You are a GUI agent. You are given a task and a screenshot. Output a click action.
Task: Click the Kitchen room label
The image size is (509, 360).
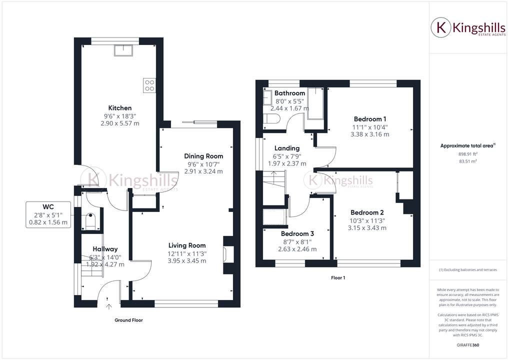[120, 108]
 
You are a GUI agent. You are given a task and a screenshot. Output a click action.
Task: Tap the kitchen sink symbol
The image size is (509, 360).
[122, 50]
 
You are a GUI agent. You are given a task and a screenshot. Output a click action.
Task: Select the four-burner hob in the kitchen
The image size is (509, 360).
[149, 85]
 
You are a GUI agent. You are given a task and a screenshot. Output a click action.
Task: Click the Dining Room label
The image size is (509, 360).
[203, 156]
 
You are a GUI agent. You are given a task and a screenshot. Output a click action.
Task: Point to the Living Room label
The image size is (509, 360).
[187, 245]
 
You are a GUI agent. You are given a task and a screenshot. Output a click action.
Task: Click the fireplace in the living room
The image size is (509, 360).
[228, 254]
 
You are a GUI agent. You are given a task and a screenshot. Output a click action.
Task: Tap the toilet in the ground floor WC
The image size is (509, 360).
[90, 221]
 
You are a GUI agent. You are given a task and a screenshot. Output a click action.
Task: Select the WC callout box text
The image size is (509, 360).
[48, 214]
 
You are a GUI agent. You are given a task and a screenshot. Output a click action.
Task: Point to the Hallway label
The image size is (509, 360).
[105, 249]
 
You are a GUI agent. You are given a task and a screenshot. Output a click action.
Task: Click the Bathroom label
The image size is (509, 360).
[289, 93]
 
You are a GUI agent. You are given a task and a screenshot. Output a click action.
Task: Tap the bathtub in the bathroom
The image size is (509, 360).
[316, 103]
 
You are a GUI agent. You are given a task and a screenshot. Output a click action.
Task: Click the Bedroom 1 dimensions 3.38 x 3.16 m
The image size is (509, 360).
[370, 134]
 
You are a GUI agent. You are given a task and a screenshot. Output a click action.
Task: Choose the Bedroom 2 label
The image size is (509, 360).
[367, 212]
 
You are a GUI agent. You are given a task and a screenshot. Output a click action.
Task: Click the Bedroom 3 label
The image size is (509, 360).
[297, 233]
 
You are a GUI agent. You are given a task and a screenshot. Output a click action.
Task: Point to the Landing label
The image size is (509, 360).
[287, 148]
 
